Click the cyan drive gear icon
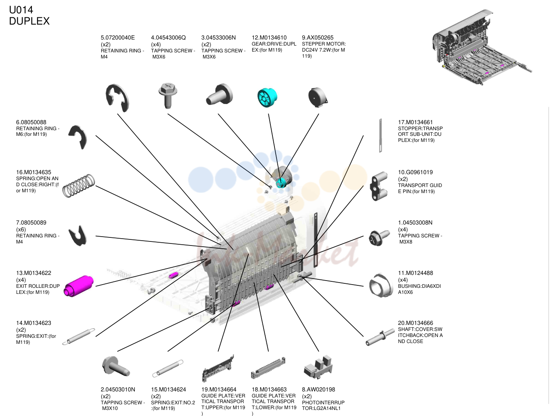[x=267, y=98]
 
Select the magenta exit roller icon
[x=78, y=285]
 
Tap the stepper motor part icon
[x=318, y=97]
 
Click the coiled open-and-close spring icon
[x=79, y=185]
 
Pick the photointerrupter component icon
[x=318, y=366]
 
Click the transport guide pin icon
[x=379, y=186]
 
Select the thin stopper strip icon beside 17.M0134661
[x=380, y=135]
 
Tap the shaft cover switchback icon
[x=377, y=338]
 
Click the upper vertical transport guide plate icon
[x=218, y=368]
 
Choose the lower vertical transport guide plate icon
[x=268, y=368]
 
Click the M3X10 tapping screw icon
[x=116, y=366]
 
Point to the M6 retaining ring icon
[x=78, y=137]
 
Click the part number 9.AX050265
[x=318, y=37]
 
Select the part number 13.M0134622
[x=34, y=273]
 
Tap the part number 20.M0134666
[x=415, y=323]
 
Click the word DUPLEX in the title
[x=29, y=21]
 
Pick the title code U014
[x=21, y=10]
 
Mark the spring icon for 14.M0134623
[x=79, y=337]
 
